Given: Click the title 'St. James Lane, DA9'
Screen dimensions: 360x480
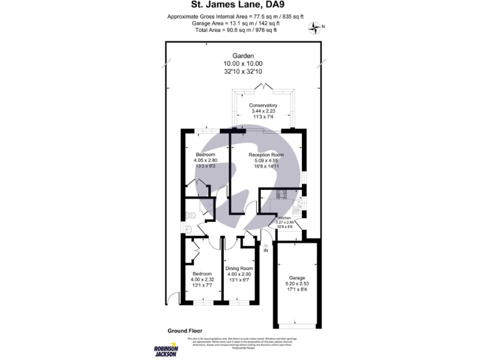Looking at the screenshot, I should coord(239,6).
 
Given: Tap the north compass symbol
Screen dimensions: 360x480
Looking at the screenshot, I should coord(316,27).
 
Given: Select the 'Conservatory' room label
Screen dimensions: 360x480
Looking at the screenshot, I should coord(262,105).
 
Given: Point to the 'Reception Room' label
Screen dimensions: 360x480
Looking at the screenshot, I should coord(266,154).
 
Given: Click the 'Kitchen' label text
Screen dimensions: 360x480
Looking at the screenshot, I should coord(285,217).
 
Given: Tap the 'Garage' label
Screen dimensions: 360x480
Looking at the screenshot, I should coord(296,277).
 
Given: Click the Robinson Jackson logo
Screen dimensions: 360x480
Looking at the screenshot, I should coord(166,351).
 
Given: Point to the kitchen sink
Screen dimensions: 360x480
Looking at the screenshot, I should coord(299,204).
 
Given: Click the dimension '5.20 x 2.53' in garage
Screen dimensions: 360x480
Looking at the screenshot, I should coord(296,284).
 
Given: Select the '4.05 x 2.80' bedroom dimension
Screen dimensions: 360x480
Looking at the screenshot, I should coord(205,161).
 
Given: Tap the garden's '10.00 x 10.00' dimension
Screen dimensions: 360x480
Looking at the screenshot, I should coord(243,64).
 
